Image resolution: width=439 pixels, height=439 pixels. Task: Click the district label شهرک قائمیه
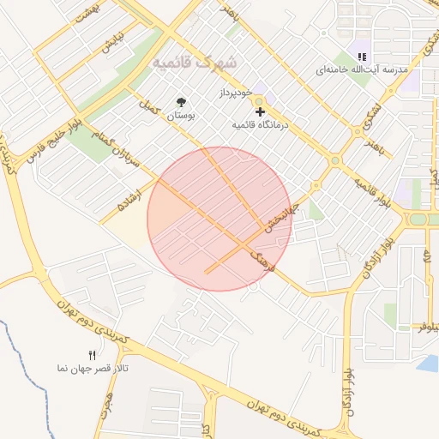[195, 63]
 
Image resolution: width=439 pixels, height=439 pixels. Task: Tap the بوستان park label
[179, 114]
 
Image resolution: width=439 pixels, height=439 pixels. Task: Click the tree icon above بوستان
[180, 101]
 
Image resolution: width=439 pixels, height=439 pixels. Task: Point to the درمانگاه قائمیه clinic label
[262, 125]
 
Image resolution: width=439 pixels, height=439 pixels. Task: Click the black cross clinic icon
[259, 111]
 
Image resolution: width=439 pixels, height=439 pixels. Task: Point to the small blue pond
[427, 364]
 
